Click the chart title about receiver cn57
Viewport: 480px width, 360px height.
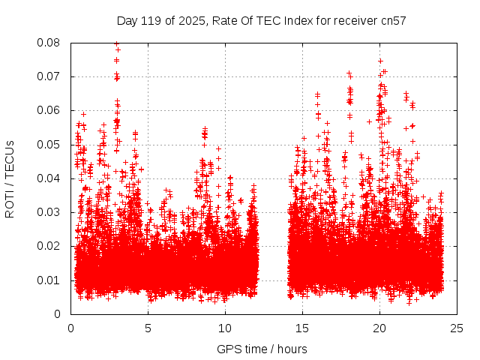261,21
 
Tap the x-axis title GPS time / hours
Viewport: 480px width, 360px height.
262,349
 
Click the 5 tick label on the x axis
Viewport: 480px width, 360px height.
148,328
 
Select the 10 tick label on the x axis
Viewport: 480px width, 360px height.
225,328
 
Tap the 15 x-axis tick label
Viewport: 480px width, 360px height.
302,328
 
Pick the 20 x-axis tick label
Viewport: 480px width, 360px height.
379,328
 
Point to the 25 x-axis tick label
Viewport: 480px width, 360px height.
457,328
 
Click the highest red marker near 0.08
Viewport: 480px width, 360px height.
116,43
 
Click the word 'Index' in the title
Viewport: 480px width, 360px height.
295,21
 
